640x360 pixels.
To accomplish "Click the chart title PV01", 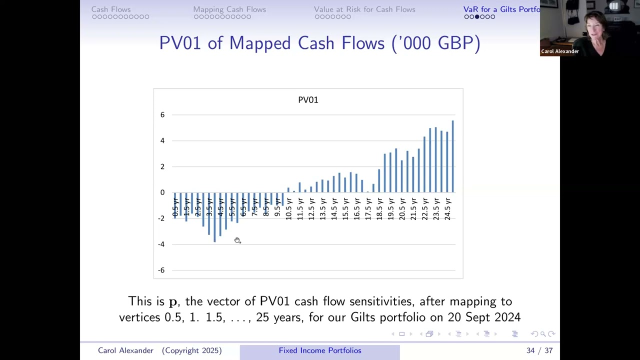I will pyautogui.click(x=308, y=100).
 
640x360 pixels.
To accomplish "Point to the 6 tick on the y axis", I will pyautogui.click(x=162, y=115).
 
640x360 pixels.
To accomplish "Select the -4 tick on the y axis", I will pyautogui.click(x=161, y=244).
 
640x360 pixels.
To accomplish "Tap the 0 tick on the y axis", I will pyautogui.click(x=162, y=192).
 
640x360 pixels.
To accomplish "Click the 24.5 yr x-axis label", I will pyautogui.click(x=447, y=209).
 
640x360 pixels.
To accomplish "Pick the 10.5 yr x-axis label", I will pyautogui.click(x=288, y=209).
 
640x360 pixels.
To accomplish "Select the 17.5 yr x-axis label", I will pyautogui.click(x=368, y=209).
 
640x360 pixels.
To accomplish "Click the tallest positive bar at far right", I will pyautogui.click(x=452, y=156).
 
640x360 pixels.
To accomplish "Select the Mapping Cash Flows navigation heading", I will pyautogui.click(x=229, y=9).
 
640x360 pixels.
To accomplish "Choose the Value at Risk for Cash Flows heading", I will pyautogui.click(x=364, y=9).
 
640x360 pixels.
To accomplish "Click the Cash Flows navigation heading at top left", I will pyautogui.click(x=111, y=9).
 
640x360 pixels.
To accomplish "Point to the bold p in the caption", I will pyautogui.click(x=173, y=302).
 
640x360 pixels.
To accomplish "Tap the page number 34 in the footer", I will pyautogui.click(x=530, y=350).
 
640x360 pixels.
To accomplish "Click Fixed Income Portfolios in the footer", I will pyautogui.click(x=320, y=350).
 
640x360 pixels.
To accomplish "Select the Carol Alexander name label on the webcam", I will pyautogui.click(x=560, y=51).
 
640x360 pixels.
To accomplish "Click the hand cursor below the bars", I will pyautogui.click(x=237, y=240).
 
